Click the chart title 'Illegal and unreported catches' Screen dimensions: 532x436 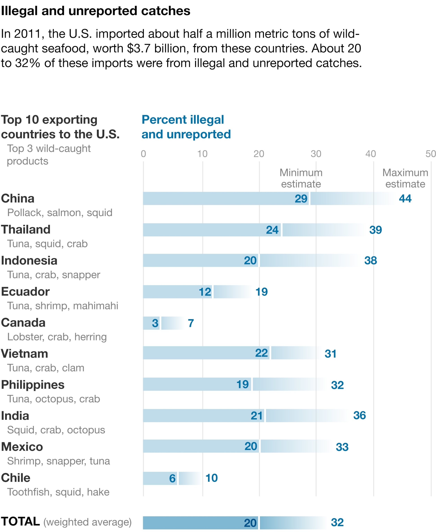pyautogui.click(x=95, y=11)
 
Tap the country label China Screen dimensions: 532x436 pyautogui.click(x=18, y=198)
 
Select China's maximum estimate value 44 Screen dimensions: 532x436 pyautogui.click(x=405, y=198)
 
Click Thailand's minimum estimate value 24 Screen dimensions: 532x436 pyautogui.click(x=272, y=230)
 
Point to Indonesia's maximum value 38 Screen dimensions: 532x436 pyautogui.click(x=370, y=260)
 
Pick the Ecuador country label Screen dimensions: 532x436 pyautogui.click(x=25, y=292)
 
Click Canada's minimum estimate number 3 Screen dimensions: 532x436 pyautogui.click(x=155, y=323)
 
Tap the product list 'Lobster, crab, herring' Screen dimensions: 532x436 pyautogui.click(x=57, y=337)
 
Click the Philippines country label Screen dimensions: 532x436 pyautogui.click(x=33, y=385)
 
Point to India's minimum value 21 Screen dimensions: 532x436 pyautogui.click(x=257, y=416)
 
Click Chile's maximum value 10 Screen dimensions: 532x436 pyautogui.click(x=211, y=478)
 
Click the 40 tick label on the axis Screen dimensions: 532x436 pyautogui.click(x=370, y=154)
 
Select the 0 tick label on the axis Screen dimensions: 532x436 pyautogui.click(x=143, y=154)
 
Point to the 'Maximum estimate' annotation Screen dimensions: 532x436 pyautogui.click(x=405, y=178)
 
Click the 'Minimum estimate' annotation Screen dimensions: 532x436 pyautogui.click(x=301, y=178)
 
